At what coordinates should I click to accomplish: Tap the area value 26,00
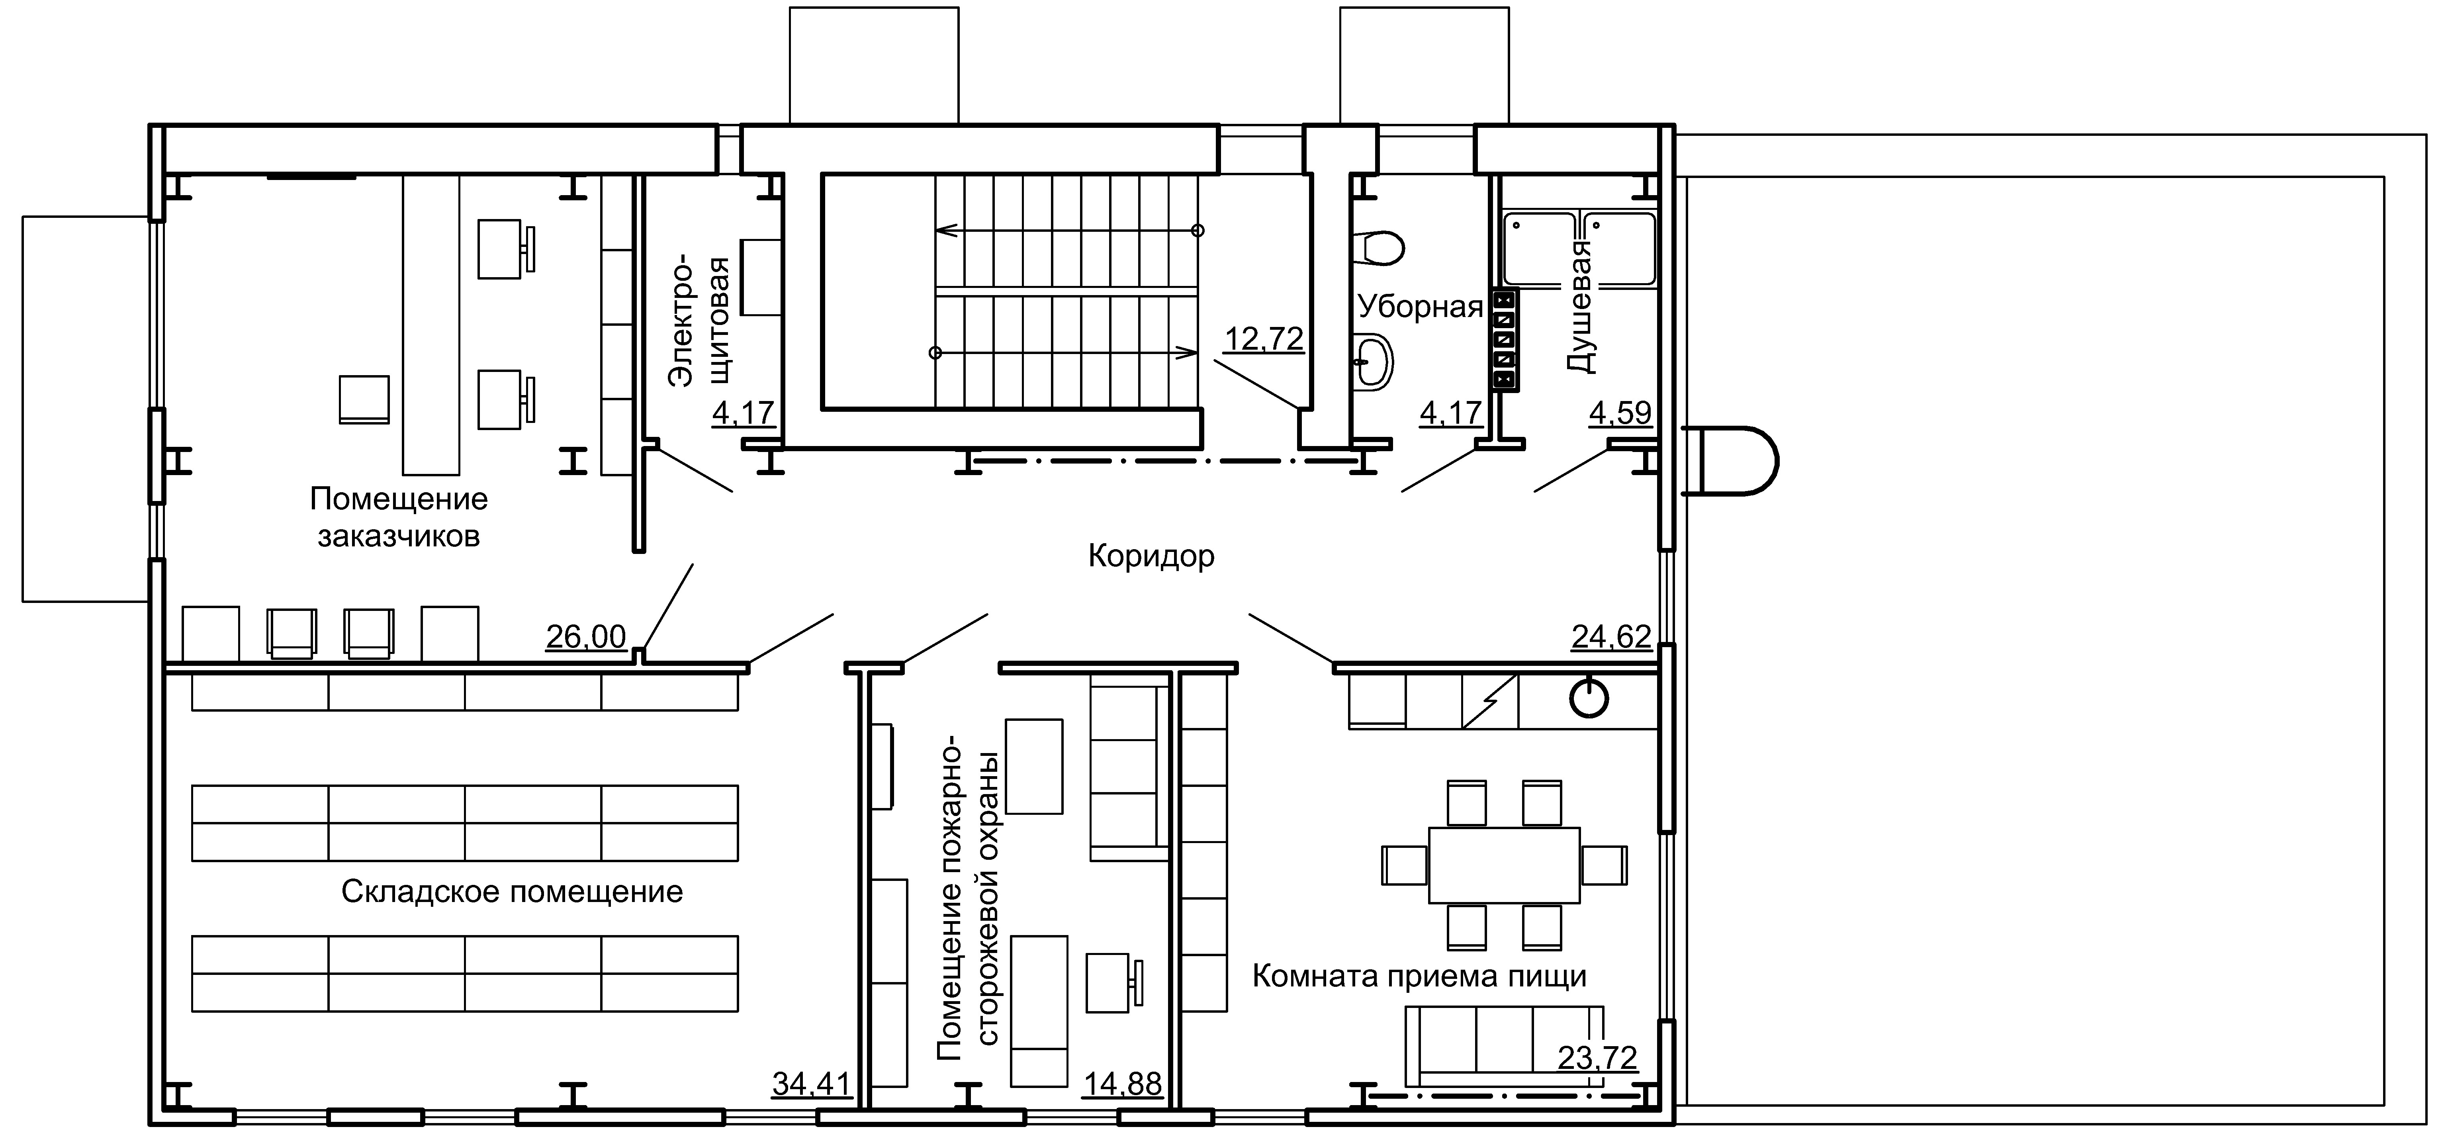[586, 636]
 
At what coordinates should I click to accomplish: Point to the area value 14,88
[1122, 1084]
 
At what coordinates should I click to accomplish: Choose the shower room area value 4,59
[1620, 413]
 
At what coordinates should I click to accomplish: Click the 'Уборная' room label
[1420, 307]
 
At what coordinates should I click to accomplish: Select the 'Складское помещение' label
[512, 892]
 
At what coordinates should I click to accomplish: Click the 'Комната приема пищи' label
[1419, 976]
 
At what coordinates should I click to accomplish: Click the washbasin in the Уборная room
[1374, 362]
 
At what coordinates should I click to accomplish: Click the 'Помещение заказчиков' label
[399, 517]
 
